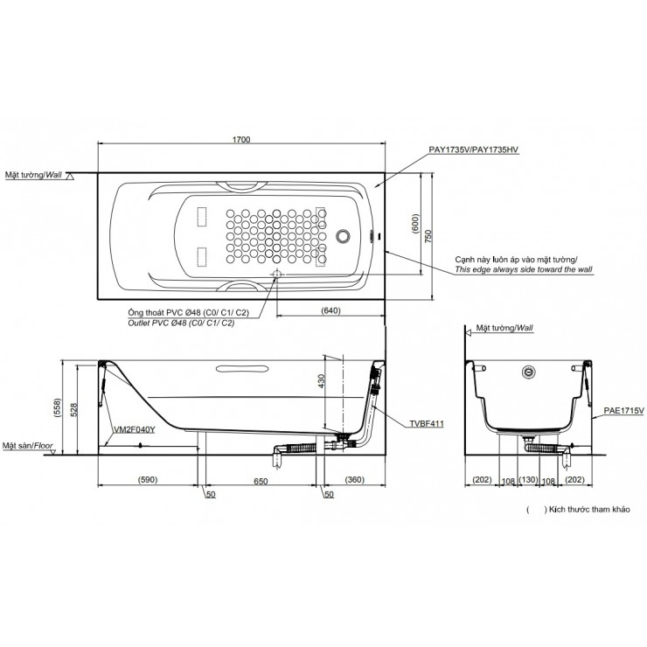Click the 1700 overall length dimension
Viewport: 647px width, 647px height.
point(241,140)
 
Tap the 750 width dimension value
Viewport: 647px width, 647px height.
point(428,235)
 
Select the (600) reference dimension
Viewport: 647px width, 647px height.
point(415,224)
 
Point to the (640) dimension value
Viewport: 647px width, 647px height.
point(330,310)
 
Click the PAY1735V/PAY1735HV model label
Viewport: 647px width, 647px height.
point(474,150)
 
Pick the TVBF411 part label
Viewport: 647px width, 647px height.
point(427,423)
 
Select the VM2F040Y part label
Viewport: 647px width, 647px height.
point(135,429)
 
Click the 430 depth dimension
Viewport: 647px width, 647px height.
point(322,381)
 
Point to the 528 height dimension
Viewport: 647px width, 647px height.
point(73,410)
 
